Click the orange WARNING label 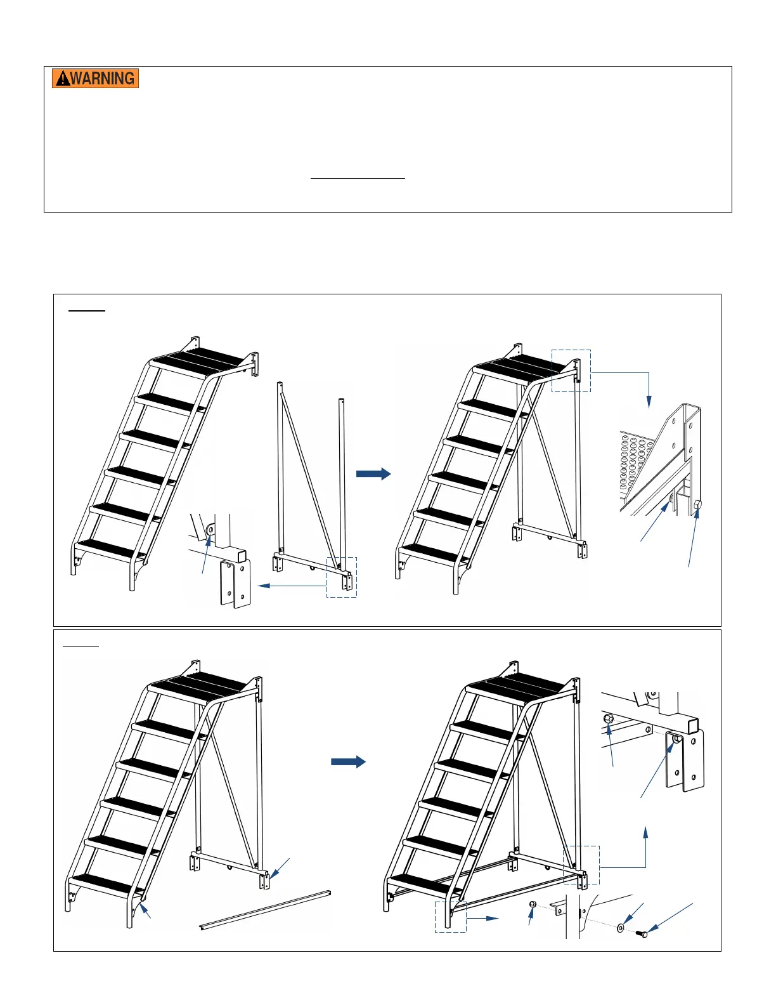(x=95, y=78)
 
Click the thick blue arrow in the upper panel (x=373, y=474)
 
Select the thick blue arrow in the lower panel (x=349, y=762)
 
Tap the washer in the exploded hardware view (x=620, y=928)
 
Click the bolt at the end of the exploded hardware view (x=642, y=934)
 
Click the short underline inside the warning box (x=358, y=178)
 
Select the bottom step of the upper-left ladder (x=110, y=550)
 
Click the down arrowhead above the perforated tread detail (x=649, y=402)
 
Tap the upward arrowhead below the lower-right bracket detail (x=645, y=832)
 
